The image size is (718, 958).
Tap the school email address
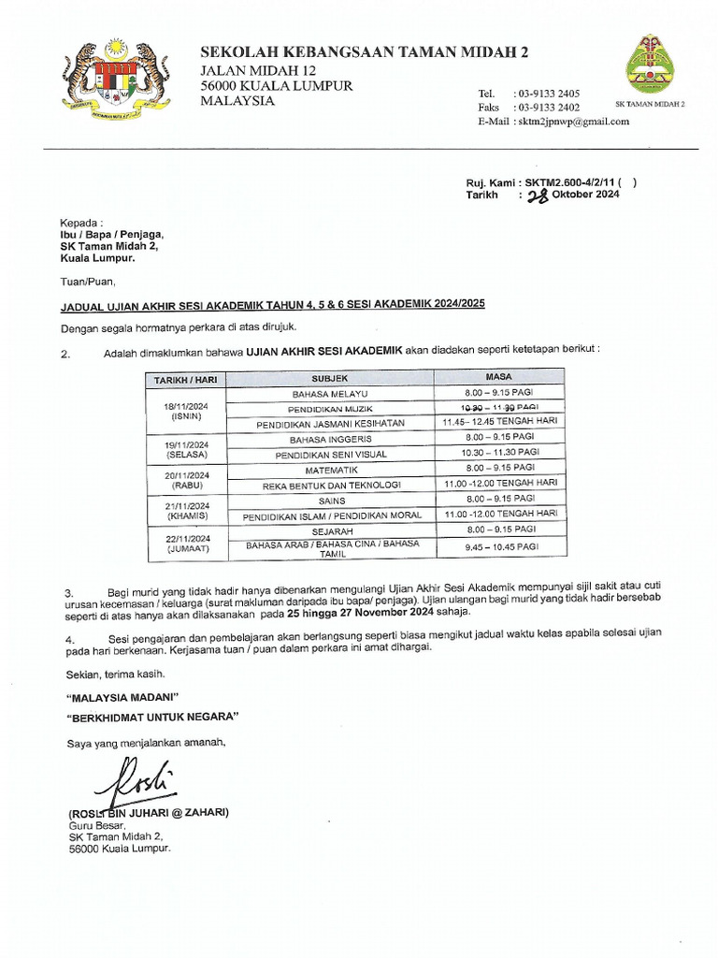pos(572,122)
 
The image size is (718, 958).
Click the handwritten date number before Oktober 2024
pos(538,195)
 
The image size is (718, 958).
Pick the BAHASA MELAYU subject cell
pos(330,395)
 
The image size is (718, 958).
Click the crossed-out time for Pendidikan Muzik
pos(499,409)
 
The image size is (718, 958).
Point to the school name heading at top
pos(365,53)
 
